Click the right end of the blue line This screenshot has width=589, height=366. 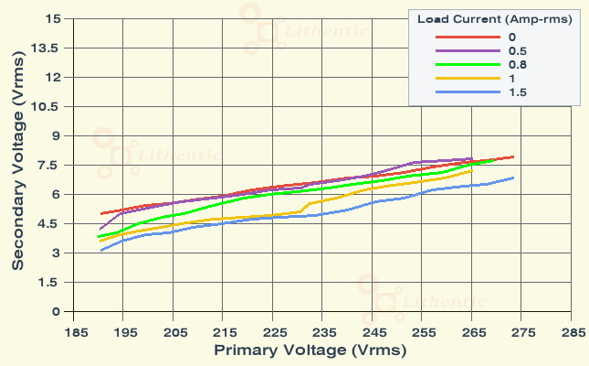[513, 178]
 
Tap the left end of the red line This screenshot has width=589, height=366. [100, 213]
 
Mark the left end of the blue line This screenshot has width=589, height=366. [100, 251]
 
